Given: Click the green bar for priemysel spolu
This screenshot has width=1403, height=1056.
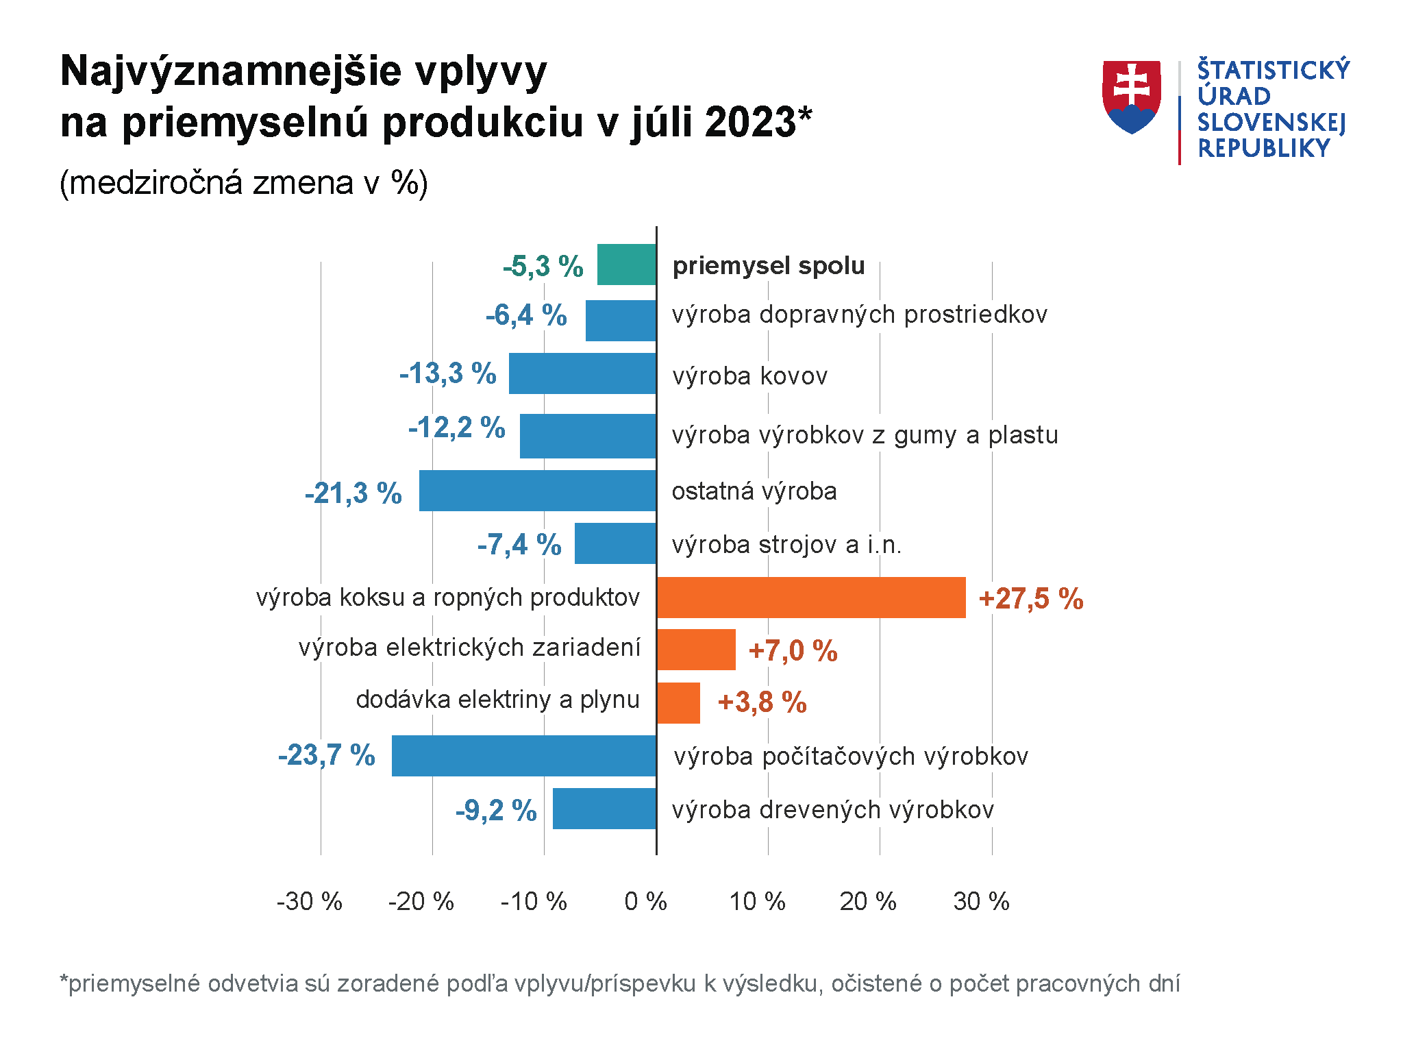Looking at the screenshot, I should point(626,265).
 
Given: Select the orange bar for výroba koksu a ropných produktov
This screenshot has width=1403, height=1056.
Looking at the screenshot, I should point(810,598).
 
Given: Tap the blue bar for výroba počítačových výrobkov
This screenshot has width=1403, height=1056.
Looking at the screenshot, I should point(523,756).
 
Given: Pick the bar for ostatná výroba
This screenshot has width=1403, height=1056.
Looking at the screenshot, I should point(537,491).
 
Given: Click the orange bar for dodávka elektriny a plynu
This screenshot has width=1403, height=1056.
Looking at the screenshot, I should point(678,703).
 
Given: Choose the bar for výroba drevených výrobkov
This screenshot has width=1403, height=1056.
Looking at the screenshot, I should point(604,809).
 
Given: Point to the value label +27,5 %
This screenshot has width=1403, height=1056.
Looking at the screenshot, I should point(1030,599).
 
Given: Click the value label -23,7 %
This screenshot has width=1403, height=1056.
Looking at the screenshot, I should point(327,755).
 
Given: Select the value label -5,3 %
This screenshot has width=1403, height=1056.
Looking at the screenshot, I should point(543,266).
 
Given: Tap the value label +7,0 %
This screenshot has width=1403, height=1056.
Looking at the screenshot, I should point(793,651).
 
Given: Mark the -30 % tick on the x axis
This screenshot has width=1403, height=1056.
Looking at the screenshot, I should point(309,902).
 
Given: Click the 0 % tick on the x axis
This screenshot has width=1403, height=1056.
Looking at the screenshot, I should point(645,902).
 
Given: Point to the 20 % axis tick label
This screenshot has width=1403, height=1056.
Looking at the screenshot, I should point(868,902).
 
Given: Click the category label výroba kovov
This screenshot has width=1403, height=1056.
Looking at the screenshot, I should point(749,376).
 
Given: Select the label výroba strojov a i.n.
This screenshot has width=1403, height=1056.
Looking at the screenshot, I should point(786,545).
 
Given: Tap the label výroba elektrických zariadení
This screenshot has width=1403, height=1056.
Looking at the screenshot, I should point(469,648).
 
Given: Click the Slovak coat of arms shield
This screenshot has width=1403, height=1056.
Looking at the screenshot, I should point(1132,97).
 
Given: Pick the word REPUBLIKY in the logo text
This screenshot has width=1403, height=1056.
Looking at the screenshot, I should point(1263,148).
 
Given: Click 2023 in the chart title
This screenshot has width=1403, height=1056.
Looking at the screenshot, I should point(750,123).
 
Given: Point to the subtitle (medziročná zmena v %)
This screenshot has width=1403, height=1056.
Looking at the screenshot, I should point(244,183).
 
